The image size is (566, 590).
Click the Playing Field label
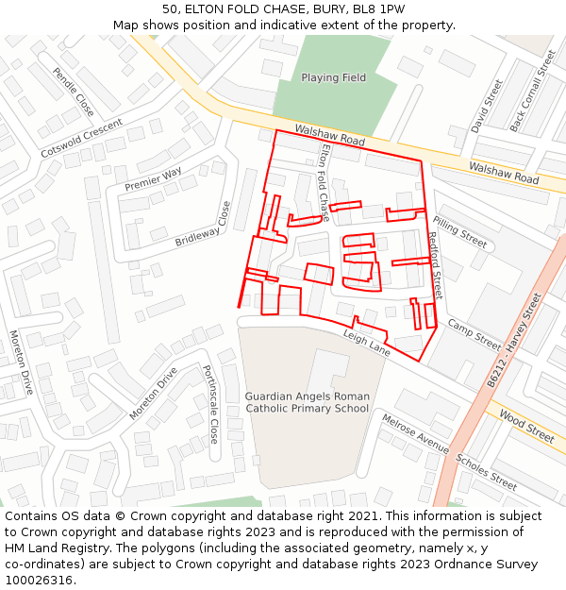coord(333,77)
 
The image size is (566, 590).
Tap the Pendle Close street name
coord(73,92)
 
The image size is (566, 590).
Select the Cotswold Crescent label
coord(82,139)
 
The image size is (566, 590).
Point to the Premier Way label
coord(154,179)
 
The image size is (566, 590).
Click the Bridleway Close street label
coord(203,226)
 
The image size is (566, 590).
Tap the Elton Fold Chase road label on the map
coord(325,182)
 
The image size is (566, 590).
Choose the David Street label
coord(488,106)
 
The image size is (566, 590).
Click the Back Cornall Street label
coord(533,91)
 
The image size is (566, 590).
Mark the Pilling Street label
coord(459,230)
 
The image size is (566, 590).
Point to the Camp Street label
coord(474,333)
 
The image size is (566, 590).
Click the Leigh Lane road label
coord(366,343)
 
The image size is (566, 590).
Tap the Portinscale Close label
coord(210,405)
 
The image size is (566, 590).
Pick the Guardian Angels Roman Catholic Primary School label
coord(308,402)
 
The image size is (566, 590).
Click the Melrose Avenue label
coord(415,432)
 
